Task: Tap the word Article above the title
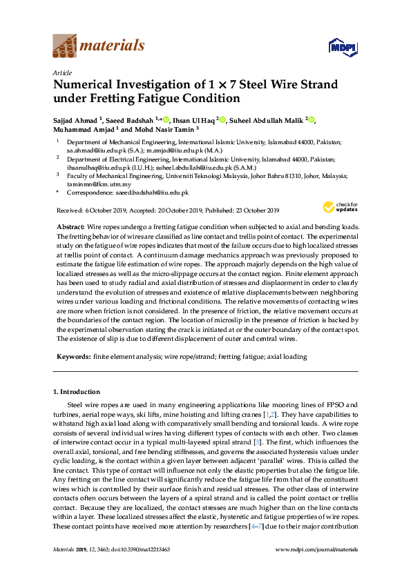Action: pyautogui.click(x=62, y=72)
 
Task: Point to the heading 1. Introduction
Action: pyautogui.click(x=77, y=392)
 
